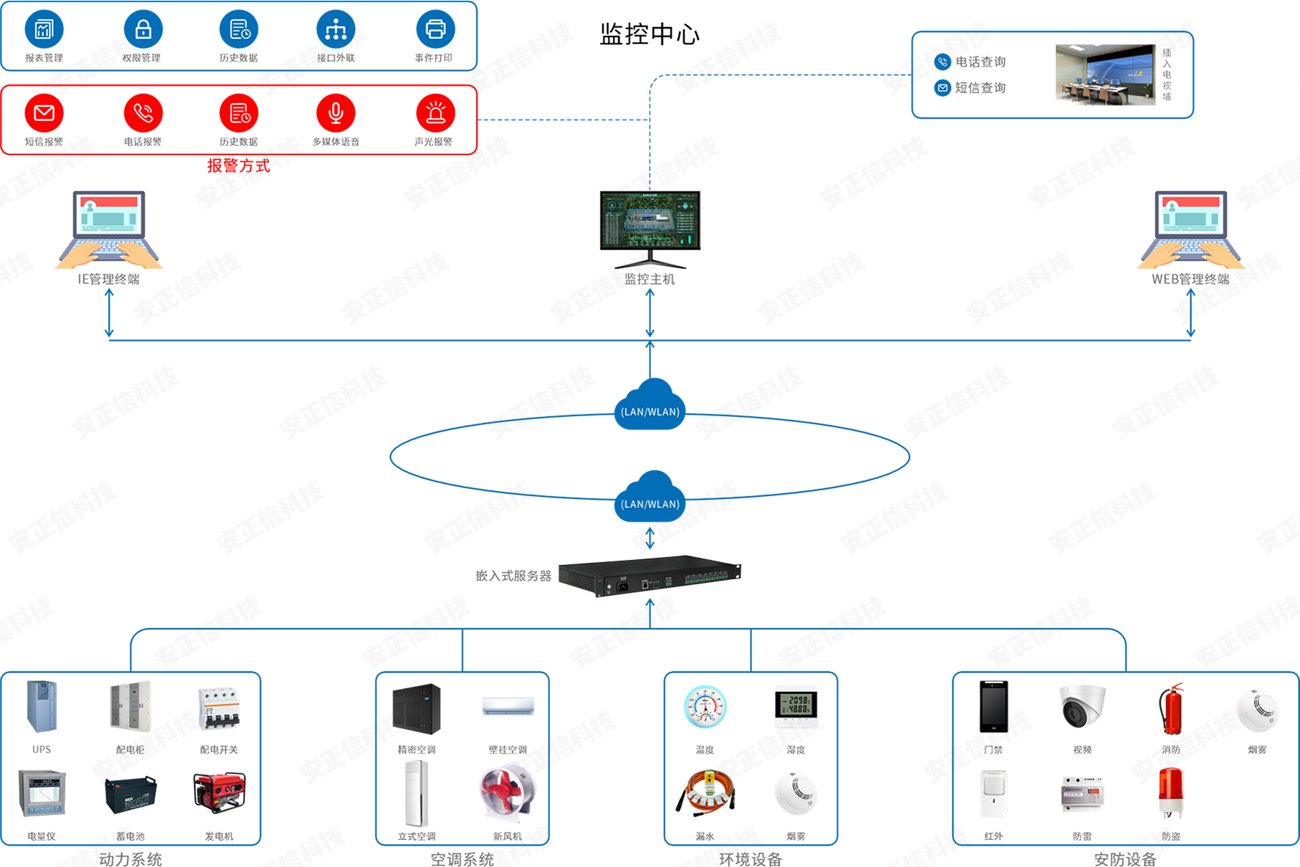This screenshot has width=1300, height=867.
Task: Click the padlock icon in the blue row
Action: (144, 29)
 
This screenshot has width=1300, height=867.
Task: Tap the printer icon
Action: (435, 29)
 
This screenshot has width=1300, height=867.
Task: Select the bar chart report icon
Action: (45, 29)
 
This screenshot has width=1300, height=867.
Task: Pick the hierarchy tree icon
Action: (335, 30)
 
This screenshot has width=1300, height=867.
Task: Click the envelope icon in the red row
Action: (45, 113)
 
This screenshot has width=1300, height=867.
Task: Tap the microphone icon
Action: (335, 113)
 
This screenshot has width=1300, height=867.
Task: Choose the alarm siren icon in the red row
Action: (435, 113)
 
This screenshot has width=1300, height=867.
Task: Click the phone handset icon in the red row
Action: (144, 113)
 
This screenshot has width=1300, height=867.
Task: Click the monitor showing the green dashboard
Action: (649, 220)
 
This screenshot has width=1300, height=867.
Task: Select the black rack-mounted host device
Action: (649, 580)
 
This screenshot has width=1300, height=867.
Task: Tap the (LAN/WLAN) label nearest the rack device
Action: (650, 504)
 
